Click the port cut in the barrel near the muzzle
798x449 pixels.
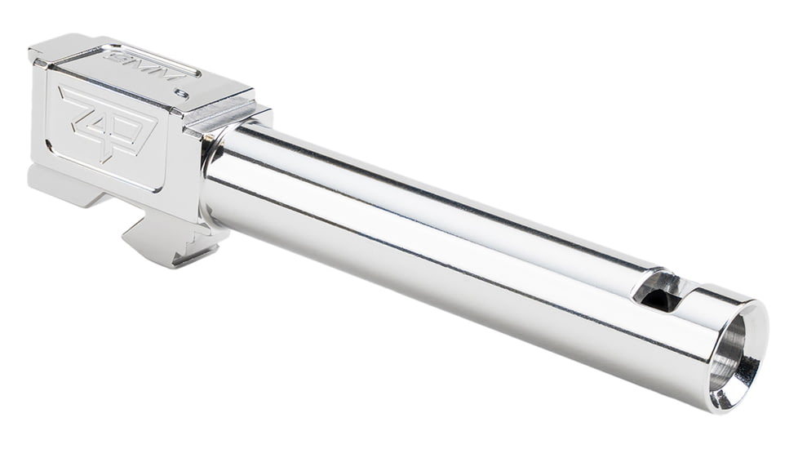coord(662,291)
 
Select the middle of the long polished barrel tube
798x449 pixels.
coord(432,237)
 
